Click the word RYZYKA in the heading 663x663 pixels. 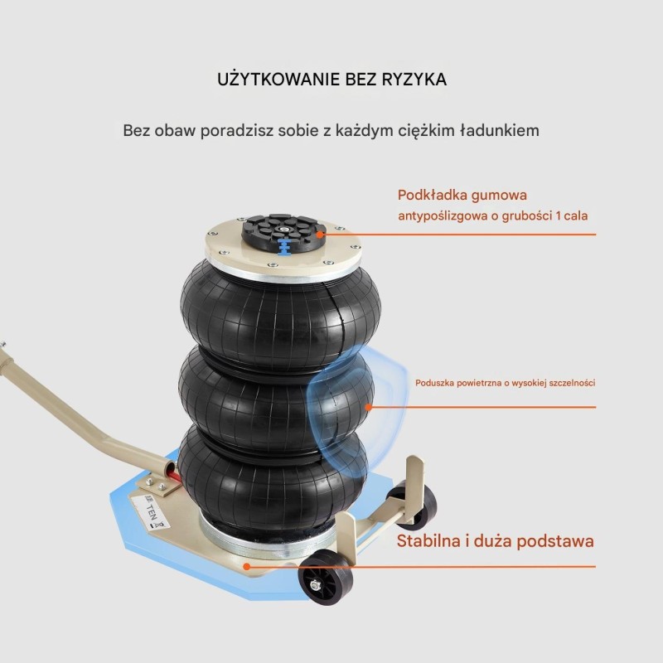click(414, 80)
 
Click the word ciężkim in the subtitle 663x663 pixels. click(426, 131)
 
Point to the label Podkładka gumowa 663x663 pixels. click(462, 196)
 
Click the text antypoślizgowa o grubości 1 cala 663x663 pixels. click(492, 215)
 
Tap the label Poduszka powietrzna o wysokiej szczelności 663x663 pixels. click(505, 383)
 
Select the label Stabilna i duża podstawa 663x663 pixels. click(495, 541)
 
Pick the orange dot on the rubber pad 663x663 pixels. click(320, 235)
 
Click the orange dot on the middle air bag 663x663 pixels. click(368, 407)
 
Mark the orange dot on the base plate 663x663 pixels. click(247, 567)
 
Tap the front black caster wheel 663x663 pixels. click(325, 578)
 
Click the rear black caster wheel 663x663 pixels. click(414, 506)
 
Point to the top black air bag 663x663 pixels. click(280, 314)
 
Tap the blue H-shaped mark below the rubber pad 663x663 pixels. click(284, 246)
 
